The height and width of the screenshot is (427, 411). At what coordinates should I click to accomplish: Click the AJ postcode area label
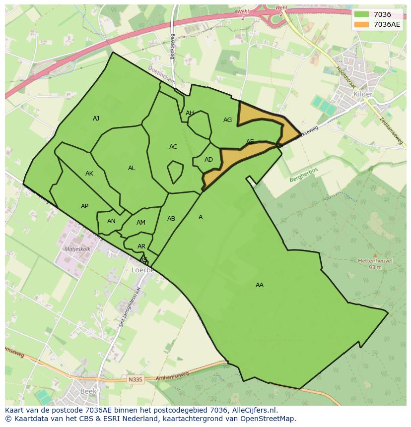[96, 119]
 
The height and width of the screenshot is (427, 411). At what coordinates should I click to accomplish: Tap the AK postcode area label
[89, 174]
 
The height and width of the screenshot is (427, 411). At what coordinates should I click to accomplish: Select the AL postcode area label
[132, 168]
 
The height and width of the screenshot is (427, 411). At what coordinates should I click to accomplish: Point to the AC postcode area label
[173, 147]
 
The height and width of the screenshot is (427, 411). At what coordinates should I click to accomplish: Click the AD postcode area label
[208, 160]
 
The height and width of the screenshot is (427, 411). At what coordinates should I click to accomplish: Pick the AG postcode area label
[227, 120]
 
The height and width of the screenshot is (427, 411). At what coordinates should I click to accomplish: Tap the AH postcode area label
[190, 113]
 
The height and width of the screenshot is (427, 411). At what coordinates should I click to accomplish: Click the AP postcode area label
[84, 206]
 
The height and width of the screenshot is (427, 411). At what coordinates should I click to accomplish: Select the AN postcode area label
[111, 221]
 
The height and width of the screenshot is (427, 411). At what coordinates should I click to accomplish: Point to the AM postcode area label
[141, 223]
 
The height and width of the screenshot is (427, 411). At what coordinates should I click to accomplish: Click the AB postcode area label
[171, 219]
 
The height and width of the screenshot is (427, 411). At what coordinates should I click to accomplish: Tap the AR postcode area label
[141, 246]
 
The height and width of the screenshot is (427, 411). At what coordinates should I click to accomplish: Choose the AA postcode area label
[259, 285]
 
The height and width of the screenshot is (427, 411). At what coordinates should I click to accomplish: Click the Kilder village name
[362, 94]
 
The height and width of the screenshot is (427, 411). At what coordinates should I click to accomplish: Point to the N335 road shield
[135, 380]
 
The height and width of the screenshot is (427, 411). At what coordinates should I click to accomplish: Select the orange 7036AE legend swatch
[362, 24]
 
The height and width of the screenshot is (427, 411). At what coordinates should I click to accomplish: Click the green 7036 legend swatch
[362, 14]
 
